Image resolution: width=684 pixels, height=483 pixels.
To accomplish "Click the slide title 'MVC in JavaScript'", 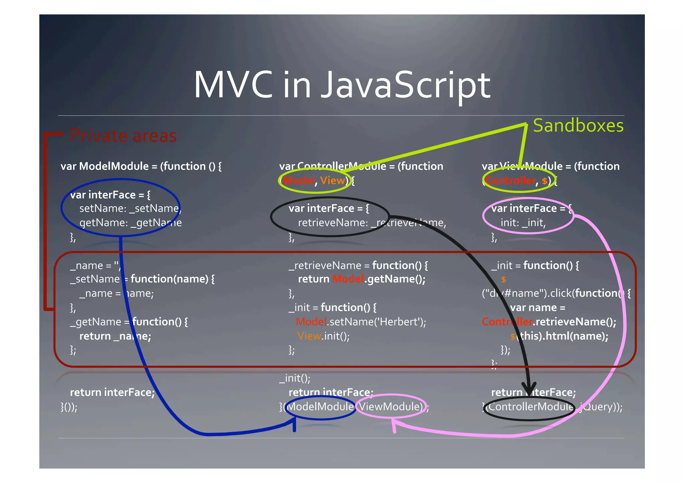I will click(x=342, y=85).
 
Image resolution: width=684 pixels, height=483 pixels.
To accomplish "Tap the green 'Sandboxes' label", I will click(x=578, y=126).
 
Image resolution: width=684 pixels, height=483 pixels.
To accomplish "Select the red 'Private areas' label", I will click(x=123, y=136).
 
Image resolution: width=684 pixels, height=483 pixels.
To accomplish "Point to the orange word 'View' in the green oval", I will click(x=332, y=181).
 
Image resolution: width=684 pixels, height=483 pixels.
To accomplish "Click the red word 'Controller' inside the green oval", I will click(x=510, y=181).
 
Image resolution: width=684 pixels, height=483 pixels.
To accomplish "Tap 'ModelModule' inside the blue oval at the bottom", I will click(x=320, y=407).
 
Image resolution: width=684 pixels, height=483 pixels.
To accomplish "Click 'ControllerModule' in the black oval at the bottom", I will click(x=530, y=407).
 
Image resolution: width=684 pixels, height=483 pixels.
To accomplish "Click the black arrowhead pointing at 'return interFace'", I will click(x=529, y=389).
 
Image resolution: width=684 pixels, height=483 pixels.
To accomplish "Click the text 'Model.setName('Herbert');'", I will click(x=361, y=322).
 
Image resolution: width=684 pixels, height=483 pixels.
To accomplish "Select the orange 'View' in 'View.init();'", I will click(x=309, y=336).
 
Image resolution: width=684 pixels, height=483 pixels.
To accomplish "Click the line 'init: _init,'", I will click(x=523, y=223).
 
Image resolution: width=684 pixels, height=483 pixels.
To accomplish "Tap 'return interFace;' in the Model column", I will click(x=112, y=392).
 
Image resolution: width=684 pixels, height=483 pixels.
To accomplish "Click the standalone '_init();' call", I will click(x=295, y=378).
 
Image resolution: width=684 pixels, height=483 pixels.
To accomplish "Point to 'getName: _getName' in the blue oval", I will click(x=130, y=223).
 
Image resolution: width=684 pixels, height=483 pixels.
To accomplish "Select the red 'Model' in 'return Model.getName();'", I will click(x=348, y=279).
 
